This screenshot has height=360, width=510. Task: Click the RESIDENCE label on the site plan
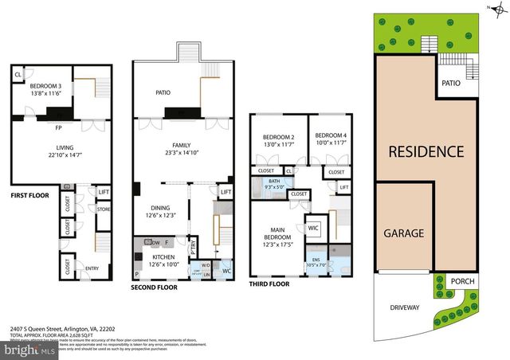click(x=426, y=151)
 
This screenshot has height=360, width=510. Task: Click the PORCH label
click(x=461, y=281)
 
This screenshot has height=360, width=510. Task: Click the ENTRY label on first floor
click(x=92, y=268)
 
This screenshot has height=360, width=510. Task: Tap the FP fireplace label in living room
click(x=58, y=127)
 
